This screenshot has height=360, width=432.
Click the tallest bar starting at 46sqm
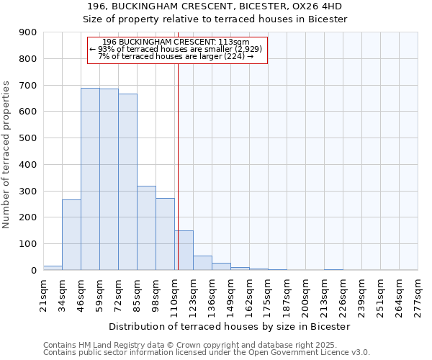(90, 179)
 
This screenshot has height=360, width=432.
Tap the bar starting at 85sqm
(146, 228)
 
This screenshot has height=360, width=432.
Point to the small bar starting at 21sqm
(53, 268)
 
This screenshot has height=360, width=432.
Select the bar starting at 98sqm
(165, 234)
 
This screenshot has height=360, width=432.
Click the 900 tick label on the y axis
(28, 32)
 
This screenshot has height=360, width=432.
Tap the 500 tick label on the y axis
(28, 138)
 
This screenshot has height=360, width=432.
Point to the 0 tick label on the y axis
(33, 271)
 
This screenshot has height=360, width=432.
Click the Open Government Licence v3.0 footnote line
(206, 353)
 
